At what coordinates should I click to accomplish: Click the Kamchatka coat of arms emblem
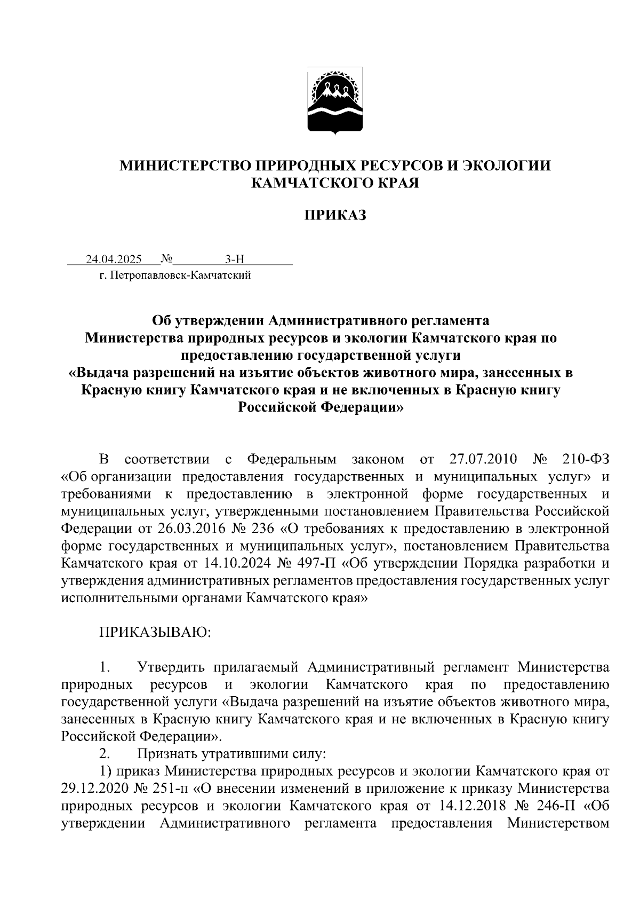(335, 101)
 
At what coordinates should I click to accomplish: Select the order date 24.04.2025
(114, 260)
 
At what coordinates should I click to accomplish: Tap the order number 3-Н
(235, 260)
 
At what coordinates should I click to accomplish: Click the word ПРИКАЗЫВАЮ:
(155, 633)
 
